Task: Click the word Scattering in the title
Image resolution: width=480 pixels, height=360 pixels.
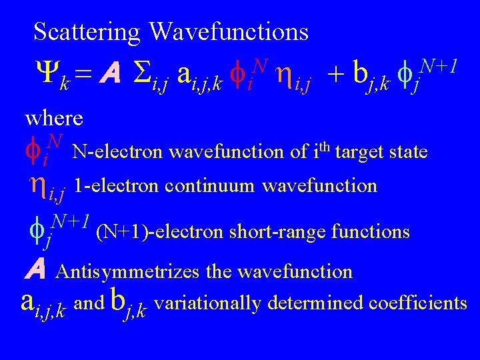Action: (x=87, y=31)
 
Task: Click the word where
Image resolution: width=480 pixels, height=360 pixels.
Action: (x=54, y=119)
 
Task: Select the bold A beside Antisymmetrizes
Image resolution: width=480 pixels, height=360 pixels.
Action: (x=37, y=270)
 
